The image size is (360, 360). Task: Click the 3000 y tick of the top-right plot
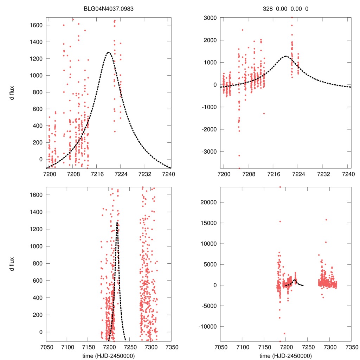(210, 18)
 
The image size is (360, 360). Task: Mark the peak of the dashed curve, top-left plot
(108, 52)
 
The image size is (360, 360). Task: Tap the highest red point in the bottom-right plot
(280, 187)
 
